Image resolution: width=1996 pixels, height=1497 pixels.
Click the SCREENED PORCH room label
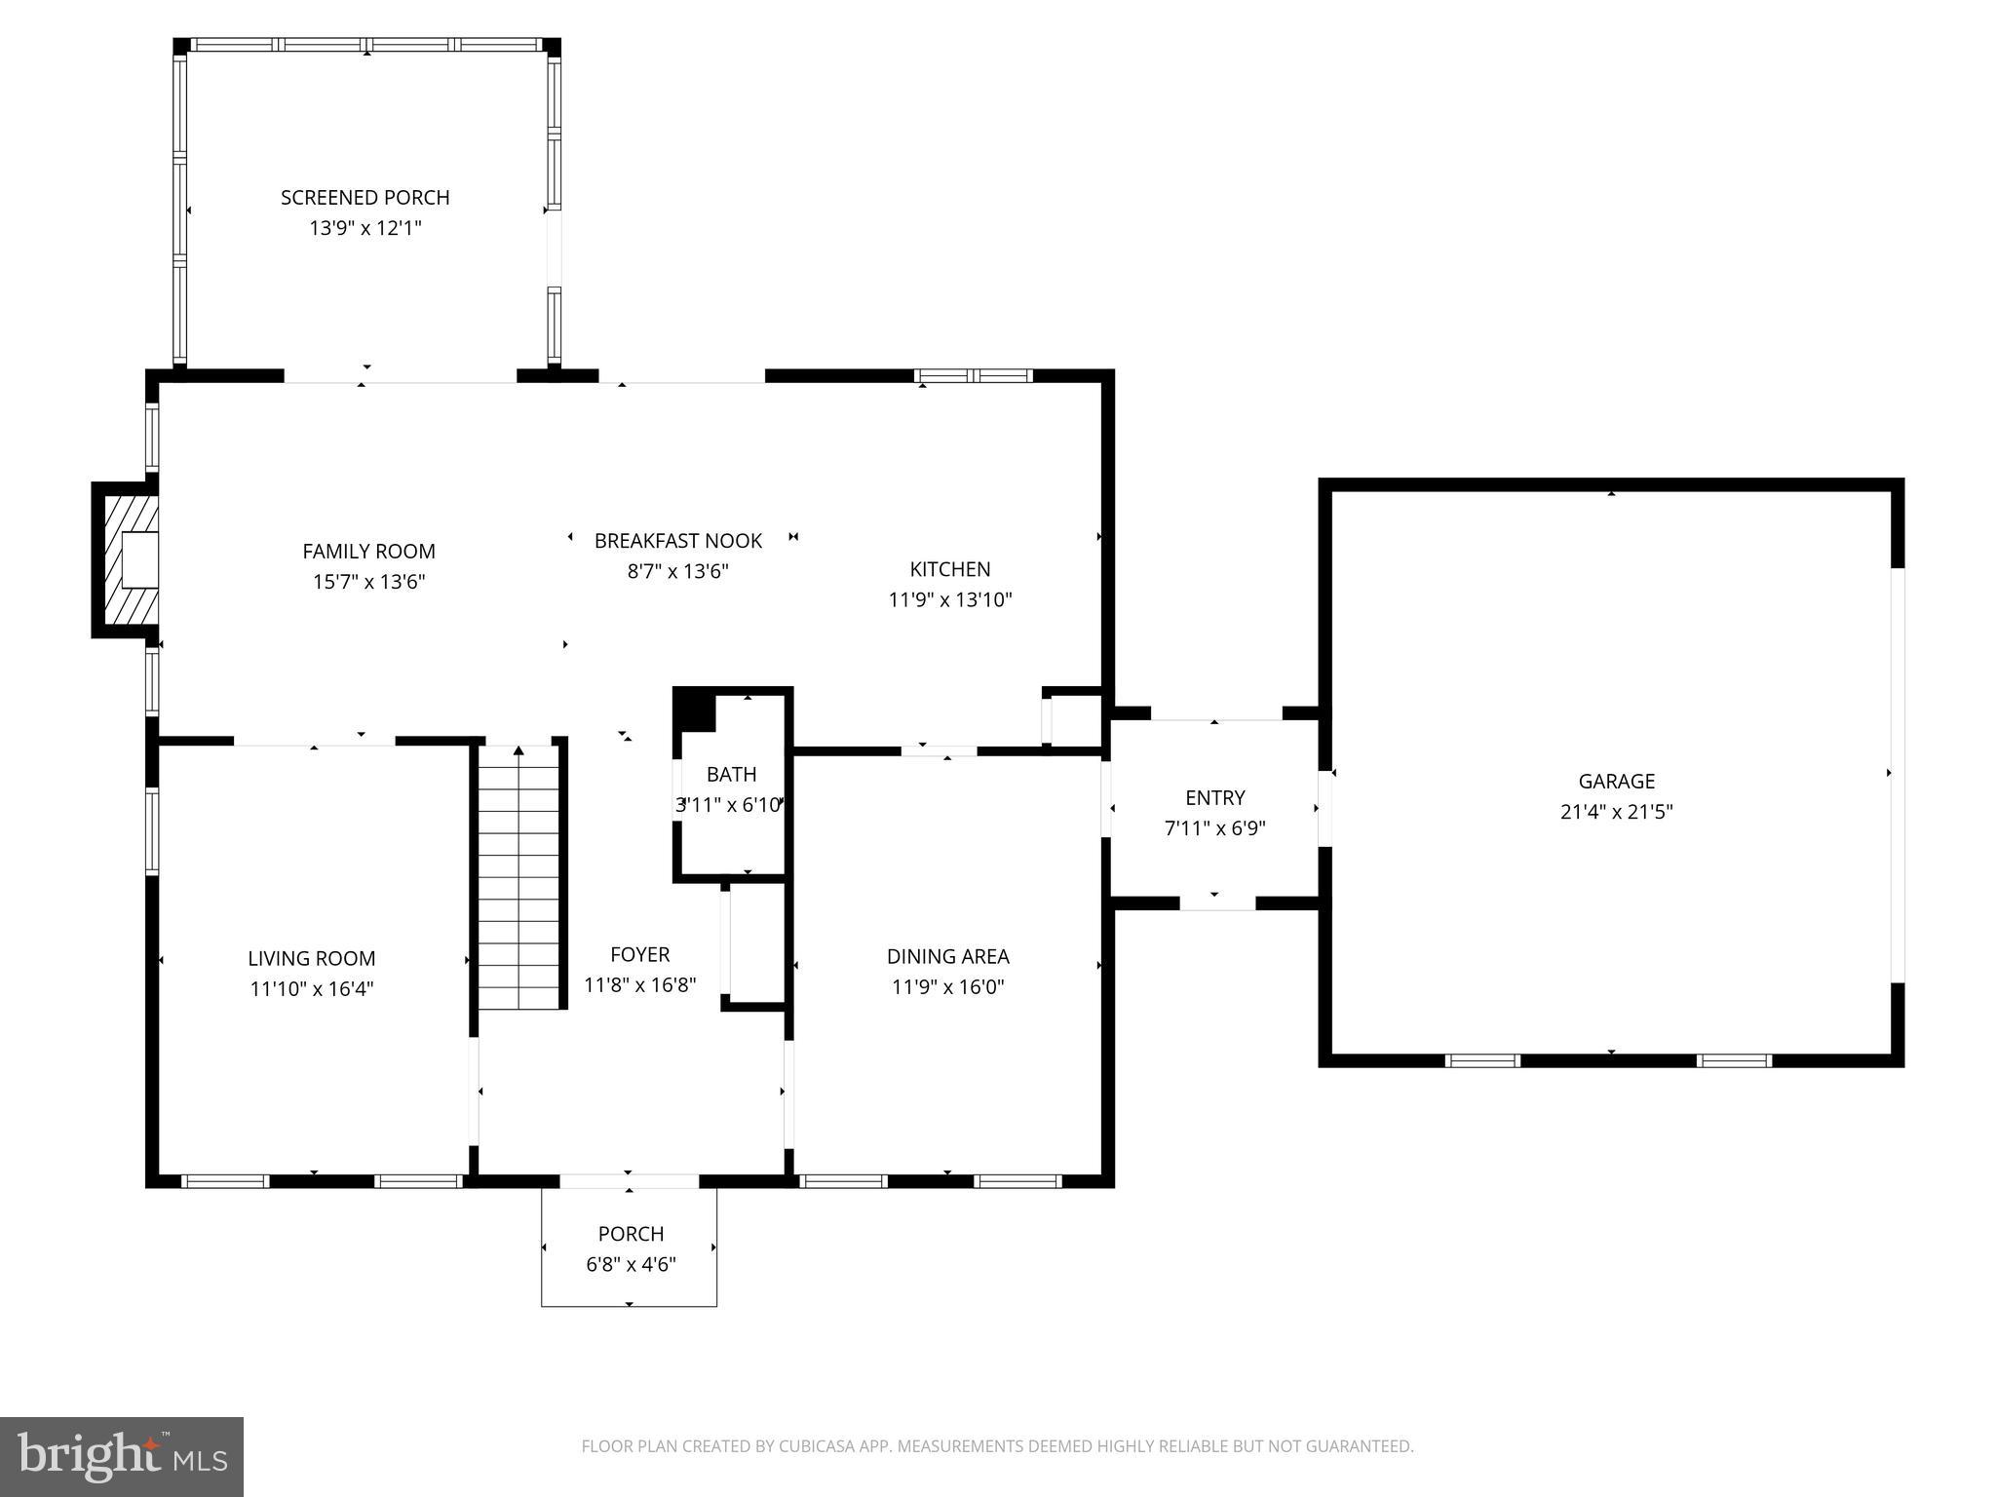coord(365,198)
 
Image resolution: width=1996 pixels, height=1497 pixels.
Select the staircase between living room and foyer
coord(519,877)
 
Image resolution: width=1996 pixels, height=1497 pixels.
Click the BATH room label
coord(731,775)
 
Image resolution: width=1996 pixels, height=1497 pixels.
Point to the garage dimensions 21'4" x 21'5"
coord(1616,812)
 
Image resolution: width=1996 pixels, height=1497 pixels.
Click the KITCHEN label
coord(949,569)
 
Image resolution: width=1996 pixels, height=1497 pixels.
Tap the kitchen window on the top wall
coord(973,375)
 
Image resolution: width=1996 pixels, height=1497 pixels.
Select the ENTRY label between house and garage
coord(1214,798)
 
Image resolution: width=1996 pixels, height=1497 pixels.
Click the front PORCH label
coord(631,1234)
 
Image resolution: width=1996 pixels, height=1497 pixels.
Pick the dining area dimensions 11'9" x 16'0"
coord(947,986)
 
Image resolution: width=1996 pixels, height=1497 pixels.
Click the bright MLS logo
coord(122,1457)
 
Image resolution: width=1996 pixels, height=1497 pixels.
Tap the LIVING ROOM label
coord(311,959)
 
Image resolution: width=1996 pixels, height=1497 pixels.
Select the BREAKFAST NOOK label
coord(678,541)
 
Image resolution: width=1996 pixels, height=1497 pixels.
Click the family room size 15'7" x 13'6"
coord(368,582)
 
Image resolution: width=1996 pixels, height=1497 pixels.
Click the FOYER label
coord(639,955)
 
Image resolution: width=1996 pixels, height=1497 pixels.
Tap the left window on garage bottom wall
coord(1481,1060)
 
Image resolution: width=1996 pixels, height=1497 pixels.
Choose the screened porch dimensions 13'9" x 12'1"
coord(365,228)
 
